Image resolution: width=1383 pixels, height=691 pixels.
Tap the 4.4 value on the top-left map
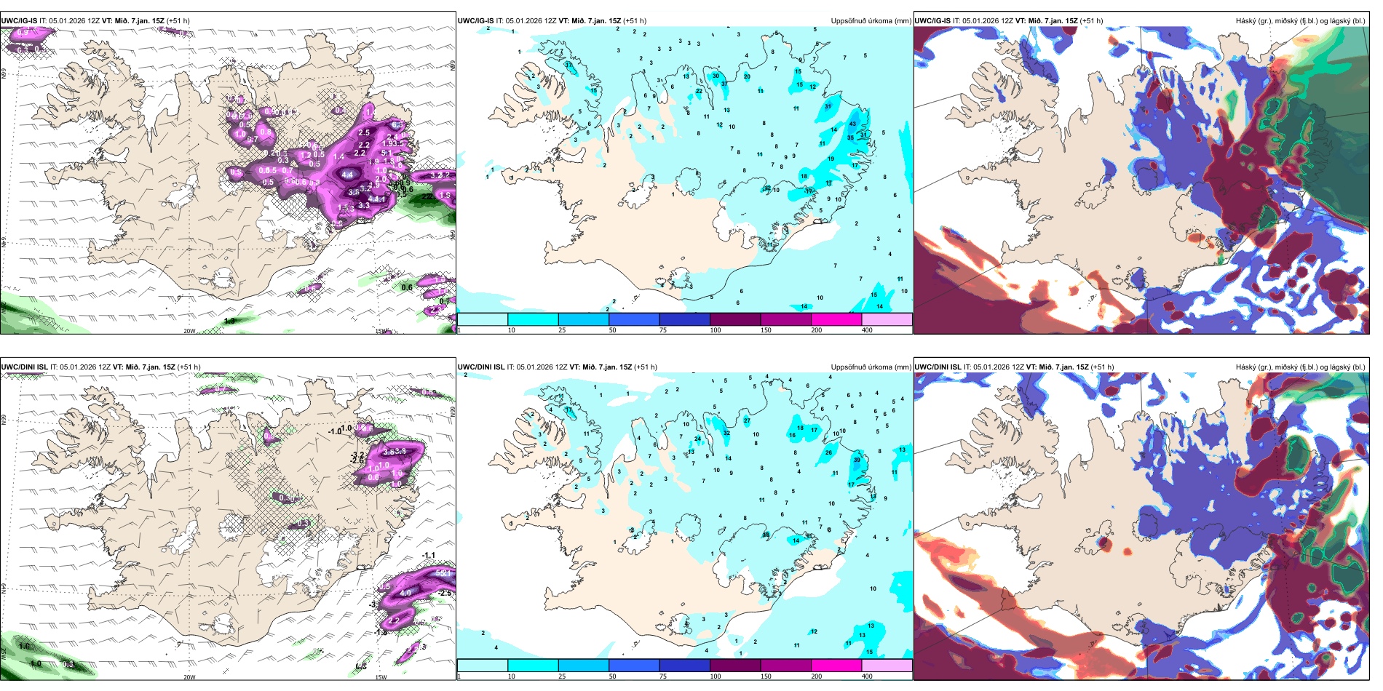coord(347,175)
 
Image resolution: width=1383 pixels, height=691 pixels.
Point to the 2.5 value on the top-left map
coord(364,132)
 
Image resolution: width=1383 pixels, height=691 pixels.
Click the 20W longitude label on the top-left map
coord(189,331)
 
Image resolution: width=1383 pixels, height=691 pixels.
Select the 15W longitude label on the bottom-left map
coord(380,677)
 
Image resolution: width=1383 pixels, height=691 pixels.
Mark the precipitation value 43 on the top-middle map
coord(852,124)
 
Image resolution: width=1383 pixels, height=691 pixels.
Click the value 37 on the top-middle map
coord(724,84)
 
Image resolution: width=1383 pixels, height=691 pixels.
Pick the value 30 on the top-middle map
coord(716,76)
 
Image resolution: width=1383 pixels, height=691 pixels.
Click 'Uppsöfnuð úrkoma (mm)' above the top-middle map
coord(871,21)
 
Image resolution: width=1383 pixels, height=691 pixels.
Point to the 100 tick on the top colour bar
coord(716,330)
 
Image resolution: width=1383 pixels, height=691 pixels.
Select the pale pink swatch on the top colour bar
coord(887,319)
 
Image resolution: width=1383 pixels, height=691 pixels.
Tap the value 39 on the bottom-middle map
coord(857,460)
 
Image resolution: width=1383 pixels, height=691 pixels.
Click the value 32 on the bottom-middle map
coord(726,433)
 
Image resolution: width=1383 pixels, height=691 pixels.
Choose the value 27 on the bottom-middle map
coord(747,421)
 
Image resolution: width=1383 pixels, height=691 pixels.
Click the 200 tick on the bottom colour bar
coord(817,676)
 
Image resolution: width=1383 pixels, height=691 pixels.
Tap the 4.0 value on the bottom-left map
coord(405,593)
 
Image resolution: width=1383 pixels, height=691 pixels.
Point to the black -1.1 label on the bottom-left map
coord(429,556)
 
